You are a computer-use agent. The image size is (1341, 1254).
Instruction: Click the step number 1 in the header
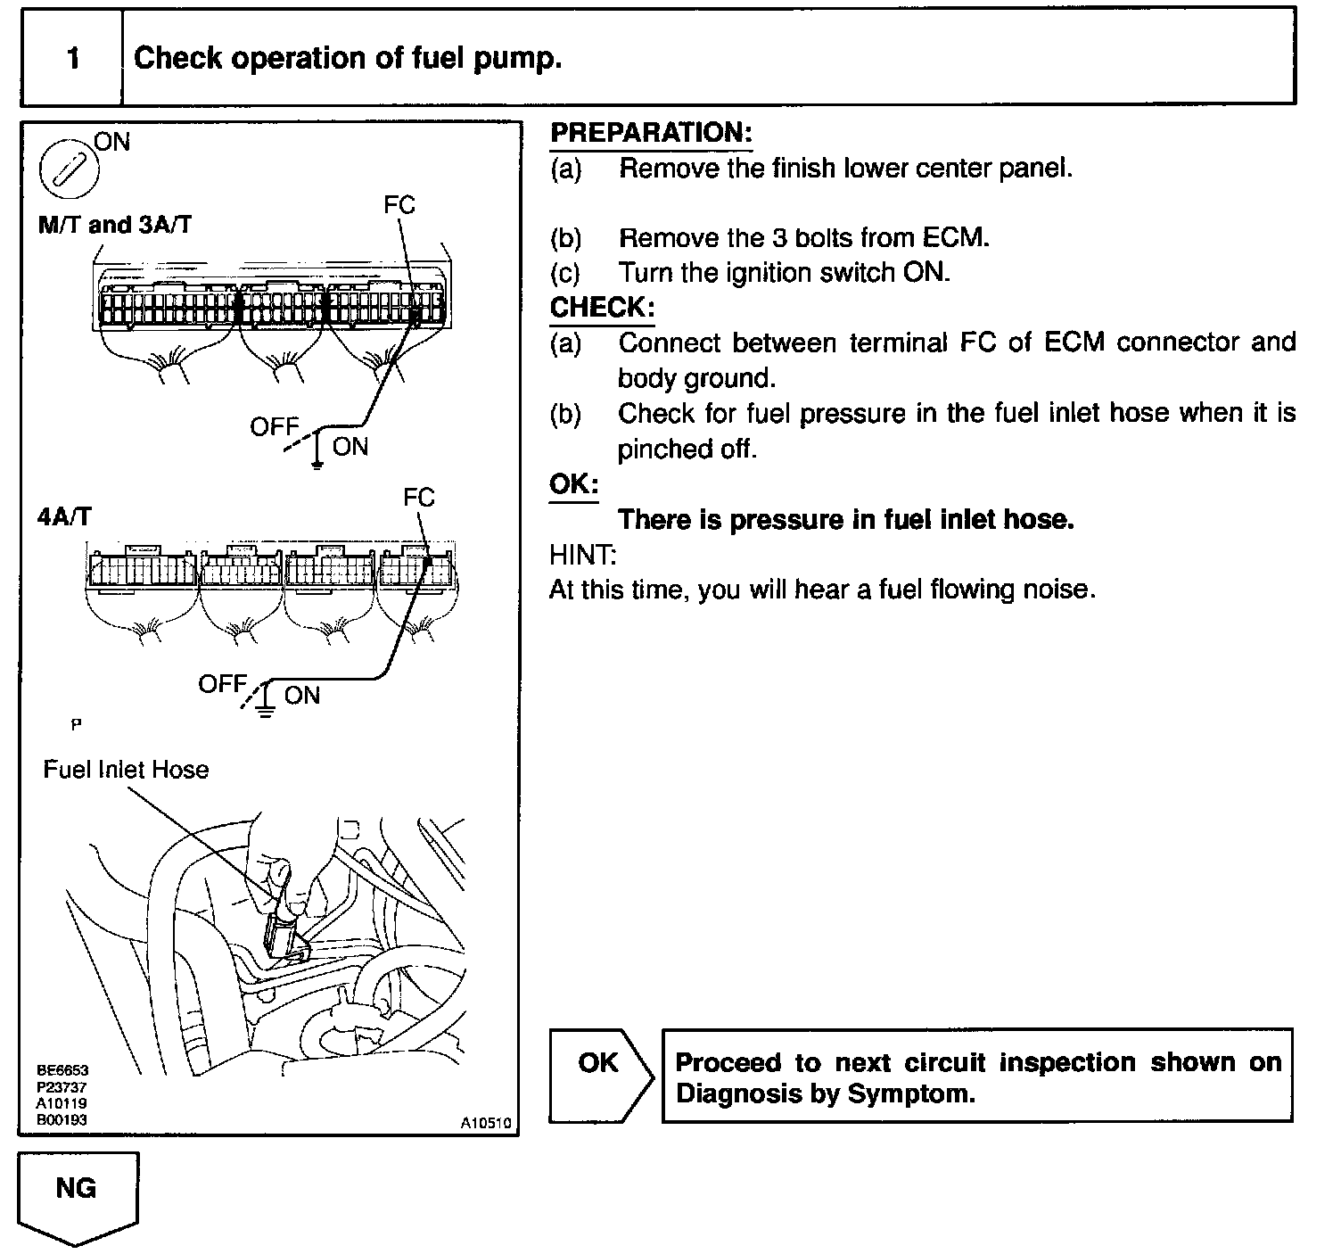[x=73, y=59]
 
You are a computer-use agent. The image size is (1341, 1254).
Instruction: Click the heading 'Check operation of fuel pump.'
[x=348, y=59]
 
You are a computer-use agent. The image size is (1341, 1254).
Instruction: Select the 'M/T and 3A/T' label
[x=114, y=224]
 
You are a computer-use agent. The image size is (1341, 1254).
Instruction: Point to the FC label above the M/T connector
[x=399, y=205]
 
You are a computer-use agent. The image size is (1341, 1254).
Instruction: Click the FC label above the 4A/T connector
[x=418, y=498]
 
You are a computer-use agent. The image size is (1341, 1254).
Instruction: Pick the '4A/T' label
[x=64, y=516]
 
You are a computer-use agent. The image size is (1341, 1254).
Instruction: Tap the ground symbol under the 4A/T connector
[x=265, y=710]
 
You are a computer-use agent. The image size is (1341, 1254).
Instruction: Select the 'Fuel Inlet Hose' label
[x=126, y=770]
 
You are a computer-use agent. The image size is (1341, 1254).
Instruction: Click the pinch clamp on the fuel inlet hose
[x=281, y=936]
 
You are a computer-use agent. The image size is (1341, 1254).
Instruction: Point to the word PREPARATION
[x=651, y=133]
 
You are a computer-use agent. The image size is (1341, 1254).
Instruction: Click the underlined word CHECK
[x=602, y=308]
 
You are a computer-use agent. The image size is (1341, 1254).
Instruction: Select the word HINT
[x=582, y=555]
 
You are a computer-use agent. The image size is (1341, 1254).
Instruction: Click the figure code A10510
[x=486, y=1124]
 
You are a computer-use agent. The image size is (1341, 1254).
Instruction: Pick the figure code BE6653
[x=62, y=1070]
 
